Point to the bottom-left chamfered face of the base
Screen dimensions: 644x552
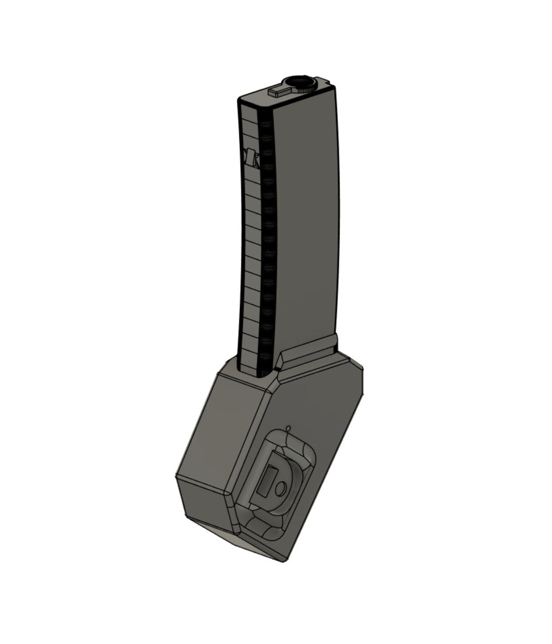(x=205, y=502)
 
